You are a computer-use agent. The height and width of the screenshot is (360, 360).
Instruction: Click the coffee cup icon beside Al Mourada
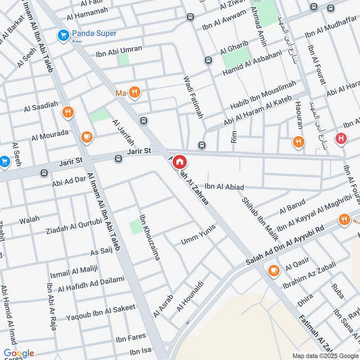tap(87, 137)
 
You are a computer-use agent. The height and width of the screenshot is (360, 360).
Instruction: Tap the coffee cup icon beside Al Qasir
tap(273, 270)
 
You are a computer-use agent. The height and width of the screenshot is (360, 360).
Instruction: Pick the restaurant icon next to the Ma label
tap(134, 93)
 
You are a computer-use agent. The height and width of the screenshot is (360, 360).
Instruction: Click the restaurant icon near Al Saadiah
tap(68, 112)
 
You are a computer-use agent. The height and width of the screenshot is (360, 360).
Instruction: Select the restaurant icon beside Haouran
tap(298, 143)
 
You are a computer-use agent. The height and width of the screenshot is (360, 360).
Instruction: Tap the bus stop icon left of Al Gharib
tap(208, 60)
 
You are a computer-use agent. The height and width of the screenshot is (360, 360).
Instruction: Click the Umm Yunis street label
tap(198, 235)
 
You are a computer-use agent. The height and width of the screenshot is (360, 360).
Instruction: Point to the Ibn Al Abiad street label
tap(224, 187)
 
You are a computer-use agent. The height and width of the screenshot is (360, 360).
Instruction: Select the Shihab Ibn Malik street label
tap(260, 219)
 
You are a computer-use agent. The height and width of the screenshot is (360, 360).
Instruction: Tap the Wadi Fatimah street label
tap(193, 97)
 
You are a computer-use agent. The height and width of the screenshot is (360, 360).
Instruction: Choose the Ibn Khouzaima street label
tap(150, 238)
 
